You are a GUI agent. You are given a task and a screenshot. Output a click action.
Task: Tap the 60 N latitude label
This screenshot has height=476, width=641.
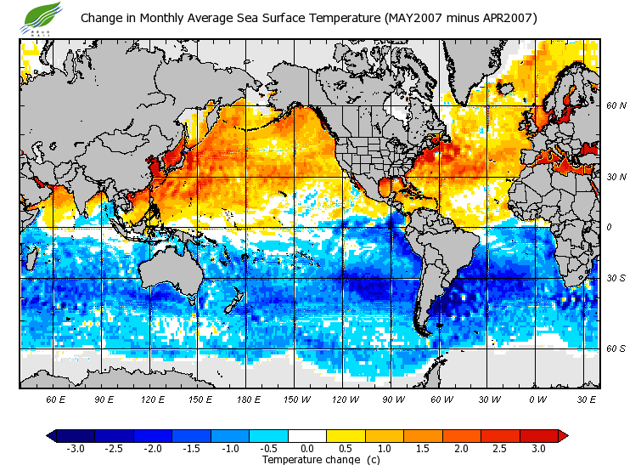point(616,106)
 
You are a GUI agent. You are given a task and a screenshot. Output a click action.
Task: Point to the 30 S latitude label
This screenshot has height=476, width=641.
point(616,279)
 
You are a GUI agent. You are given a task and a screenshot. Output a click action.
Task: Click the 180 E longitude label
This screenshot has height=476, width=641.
point(249,398)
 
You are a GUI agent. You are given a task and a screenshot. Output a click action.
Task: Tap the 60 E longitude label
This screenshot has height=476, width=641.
point(56,398)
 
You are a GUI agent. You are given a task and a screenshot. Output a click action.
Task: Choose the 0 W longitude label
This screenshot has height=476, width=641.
point(537,398)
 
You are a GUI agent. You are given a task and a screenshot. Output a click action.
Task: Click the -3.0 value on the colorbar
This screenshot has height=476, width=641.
point(76,448)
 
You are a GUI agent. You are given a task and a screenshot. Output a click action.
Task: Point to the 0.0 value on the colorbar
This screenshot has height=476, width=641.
point(308,448)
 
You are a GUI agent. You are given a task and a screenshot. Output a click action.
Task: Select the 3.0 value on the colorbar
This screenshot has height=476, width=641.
point(539,448)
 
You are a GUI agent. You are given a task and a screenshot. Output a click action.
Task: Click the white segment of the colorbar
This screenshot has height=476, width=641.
point(308,435)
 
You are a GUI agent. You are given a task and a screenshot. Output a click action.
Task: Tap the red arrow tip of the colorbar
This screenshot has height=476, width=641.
point(563,435)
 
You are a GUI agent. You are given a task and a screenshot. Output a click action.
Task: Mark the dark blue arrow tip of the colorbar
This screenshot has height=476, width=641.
point(52,435)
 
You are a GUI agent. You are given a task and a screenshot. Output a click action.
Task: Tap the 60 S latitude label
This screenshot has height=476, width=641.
point(616,348)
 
